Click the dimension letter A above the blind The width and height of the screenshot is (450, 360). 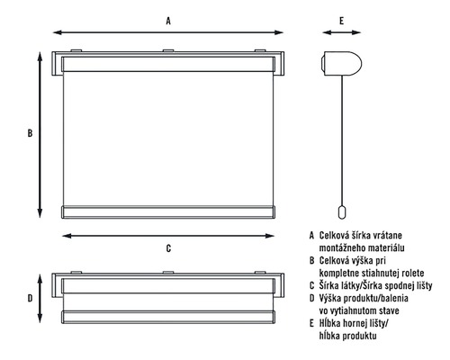(x=168, y=21)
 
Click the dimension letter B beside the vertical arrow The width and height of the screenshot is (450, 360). (x=30, y=133)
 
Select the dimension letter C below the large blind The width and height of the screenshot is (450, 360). (x=168, y=248)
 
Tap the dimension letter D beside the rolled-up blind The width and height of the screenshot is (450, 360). (x=30, y=299)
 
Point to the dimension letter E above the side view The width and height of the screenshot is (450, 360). (x=341, y=21)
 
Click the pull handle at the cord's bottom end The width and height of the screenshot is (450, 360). (x=342, y=212)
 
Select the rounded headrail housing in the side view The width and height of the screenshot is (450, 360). (x=341, y=64)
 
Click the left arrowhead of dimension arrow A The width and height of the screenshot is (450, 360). (x=58, y=32)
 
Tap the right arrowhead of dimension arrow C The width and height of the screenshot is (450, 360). (x=270, y=236)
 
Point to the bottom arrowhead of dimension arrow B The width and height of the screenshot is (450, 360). (x=40, y=213)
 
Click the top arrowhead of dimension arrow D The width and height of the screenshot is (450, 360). (x=40, y=278)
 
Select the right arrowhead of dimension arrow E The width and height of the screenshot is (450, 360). (x=356, y=32)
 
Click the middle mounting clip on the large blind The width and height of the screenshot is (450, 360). (x=168, y=50)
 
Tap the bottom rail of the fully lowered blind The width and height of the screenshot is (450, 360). (x=168, y=211)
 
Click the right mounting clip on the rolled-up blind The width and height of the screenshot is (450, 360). (x=260, y=273)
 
